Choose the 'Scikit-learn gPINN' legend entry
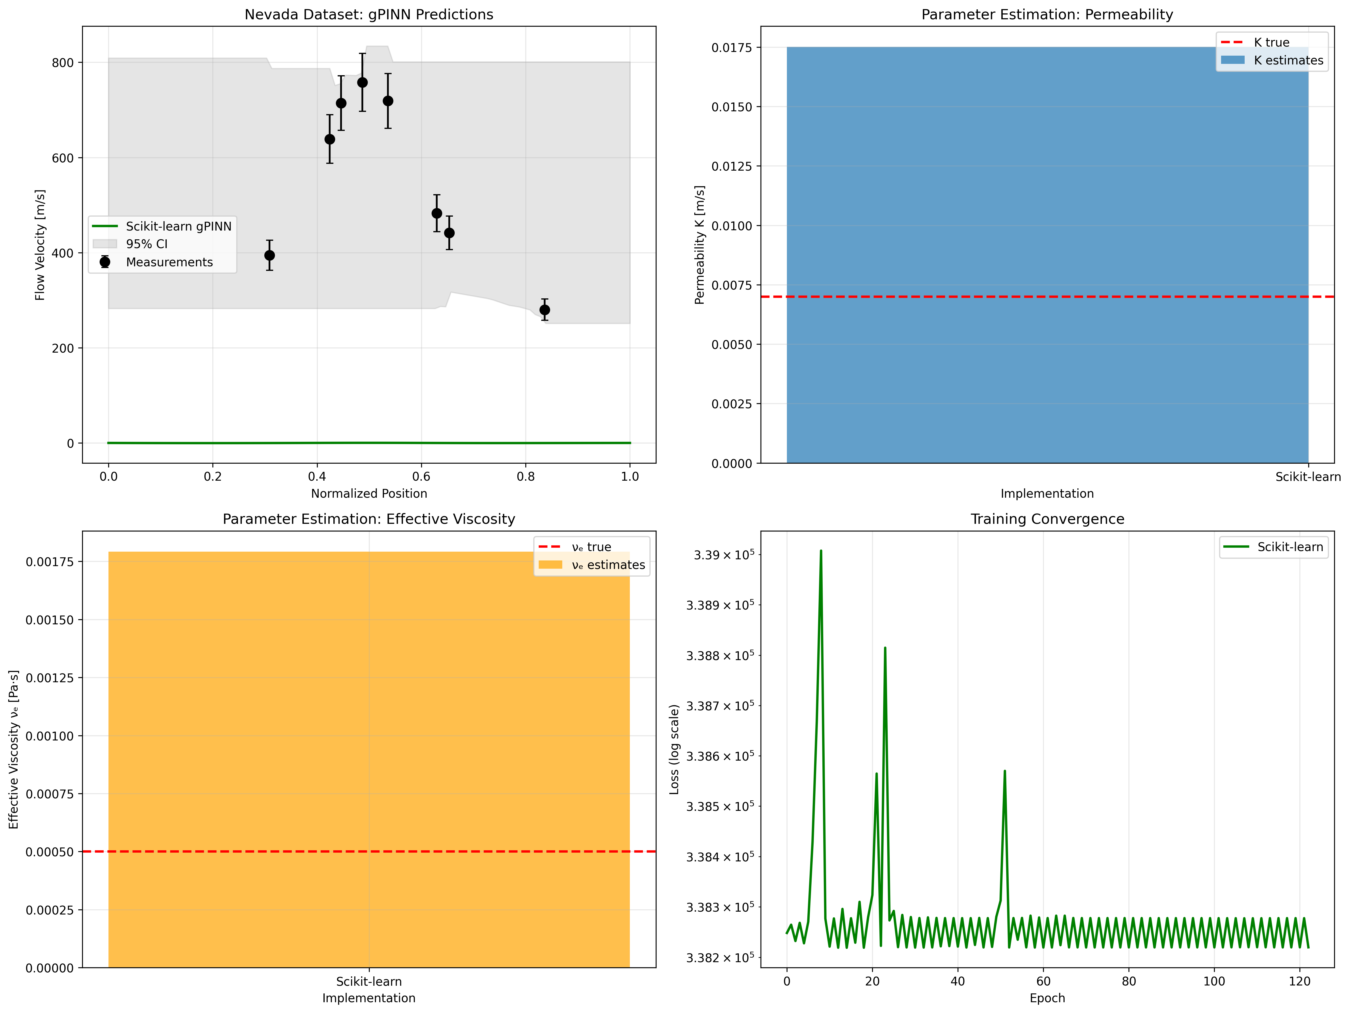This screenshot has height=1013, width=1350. pos(178,226)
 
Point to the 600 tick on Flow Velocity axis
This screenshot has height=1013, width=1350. pos(62,158)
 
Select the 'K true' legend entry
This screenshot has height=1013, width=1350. pos(1271,42)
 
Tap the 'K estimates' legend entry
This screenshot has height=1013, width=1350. pos(1288,60)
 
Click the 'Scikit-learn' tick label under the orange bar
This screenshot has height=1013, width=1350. pos(369,981)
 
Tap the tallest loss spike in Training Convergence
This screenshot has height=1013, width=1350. pos(821,551)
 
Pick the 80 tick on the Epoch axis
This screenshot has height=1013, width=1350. pos(1129,981)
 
